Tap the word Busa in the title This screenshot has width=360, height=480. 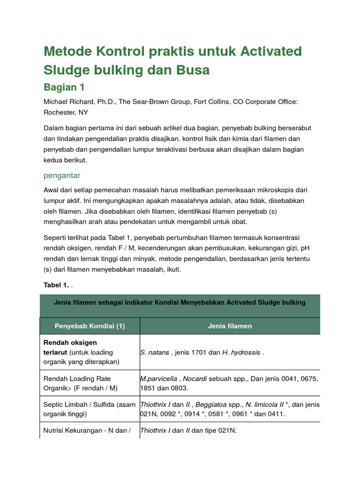coord(192,70)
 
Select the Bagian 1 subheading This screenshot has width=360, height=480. coord(64,87)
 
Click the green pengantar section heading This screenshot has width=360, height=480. coord(62,175)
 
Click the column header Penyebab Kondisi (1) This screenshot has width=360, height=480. coord(90,326)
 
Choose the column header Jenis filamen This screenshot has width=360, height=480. coord(230,326)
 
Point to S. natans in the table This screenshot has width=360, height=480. coord(154,352)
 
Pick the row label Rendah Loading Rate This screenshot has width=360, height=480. coord(77,378)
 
